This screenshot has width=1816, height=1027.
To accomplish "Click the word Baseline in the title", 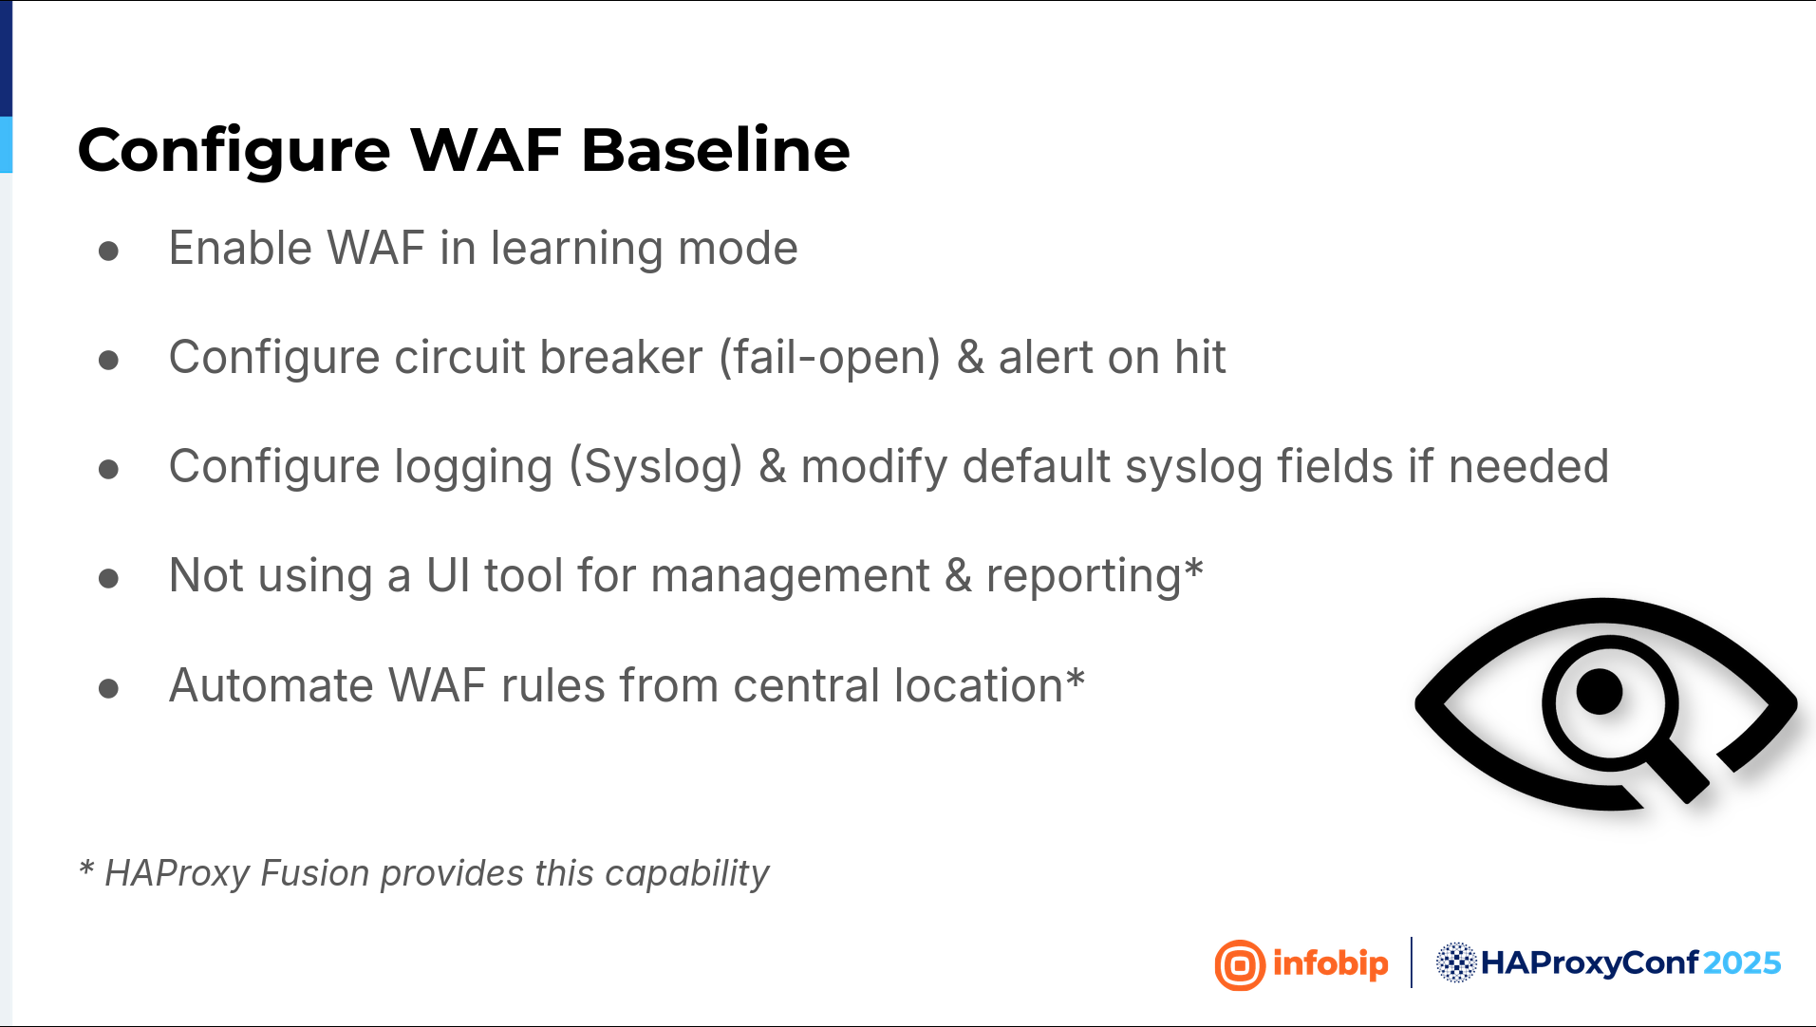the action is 715,150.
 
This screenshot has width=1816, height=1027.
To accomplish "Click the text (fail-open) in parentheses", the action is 830,359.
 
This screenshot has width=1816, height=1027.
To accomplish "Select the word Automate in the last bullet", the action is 271,685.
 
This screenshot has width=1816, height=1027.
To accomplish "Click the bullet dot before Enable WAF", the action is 108,251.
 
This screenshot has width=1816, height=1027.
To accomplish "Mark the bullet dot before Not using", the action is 108,578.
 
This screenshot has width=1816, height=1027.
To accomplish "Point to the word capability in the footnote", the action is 686,874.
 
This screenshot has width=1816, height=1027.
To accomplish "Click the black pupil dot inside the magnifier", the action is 1600,692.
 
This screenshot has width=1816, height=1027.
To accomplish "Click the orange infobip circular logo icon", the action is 1240,964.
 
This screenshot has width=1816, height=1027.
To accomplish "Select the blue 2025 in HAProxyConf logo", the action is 1742,963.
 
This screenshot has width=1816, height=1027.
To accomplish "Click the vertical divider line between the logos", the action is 1412,962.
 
